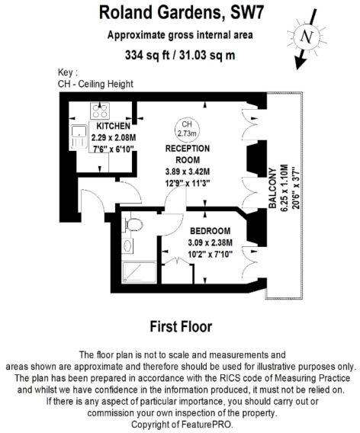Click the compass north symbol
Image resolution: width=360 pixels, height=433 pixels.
click(x=307, y=37)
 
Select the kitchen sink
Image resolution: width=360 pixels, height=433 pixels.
click(x=79, y=137)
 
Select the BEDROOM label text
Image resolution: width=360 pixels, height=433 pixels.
click(x=211, y=231)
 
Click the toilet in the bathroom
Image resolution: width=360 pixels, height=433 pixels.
click(x=133, y=223)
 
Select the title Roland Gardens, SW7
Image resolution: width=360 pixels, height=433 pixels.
click(x=179, y=13)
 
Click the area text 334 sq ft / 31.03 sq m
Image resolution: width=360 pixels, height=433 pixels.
click(x=179, y=55)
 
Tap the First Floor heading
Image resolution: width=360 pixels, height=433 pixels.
click(x=179, y=326)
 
